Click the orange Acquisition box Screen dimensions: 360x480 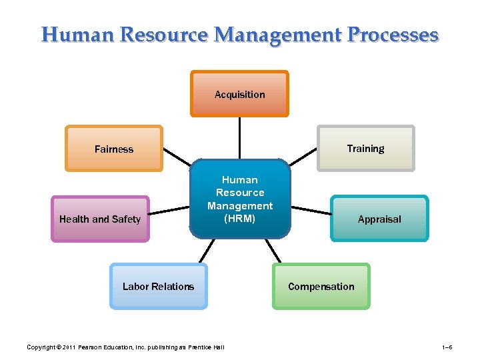[239, 94]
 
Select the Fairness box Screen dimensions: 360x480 [114, 149]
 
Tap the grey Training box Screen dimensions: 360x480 [365, 148]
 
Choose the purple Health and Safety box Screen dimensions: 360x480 [100, 219]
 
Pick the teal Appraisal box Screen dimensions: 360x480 [379, 219]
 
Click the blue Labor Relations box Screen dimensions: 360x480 [159, 286]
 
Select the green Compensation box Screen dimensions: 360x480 [321, 286]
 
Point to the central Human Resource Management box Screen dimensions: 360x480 [240, 198]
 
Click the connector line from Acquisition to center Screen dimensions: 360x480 [240, 137]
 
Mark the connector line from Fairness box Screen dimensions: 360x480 [177, 157]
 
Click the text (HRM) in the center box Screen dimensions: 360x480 [240, 219]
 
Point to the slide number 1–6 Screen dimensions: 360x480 [447, 347]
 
